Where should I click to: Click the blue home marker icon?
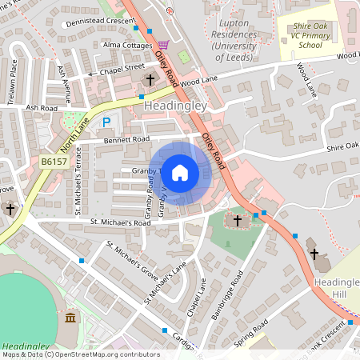point(180,172)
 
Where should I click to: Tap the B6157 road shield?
point(54,162)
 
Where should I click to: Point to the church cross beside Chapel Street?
point(151,79)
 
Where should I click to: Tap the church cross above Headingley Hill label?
point(314,254)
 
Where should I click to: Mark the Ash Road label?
point(42,107)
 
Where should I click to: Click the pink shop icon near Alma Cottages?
point(164,45)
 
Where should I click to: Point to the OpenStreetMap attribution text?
point(80,354)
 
